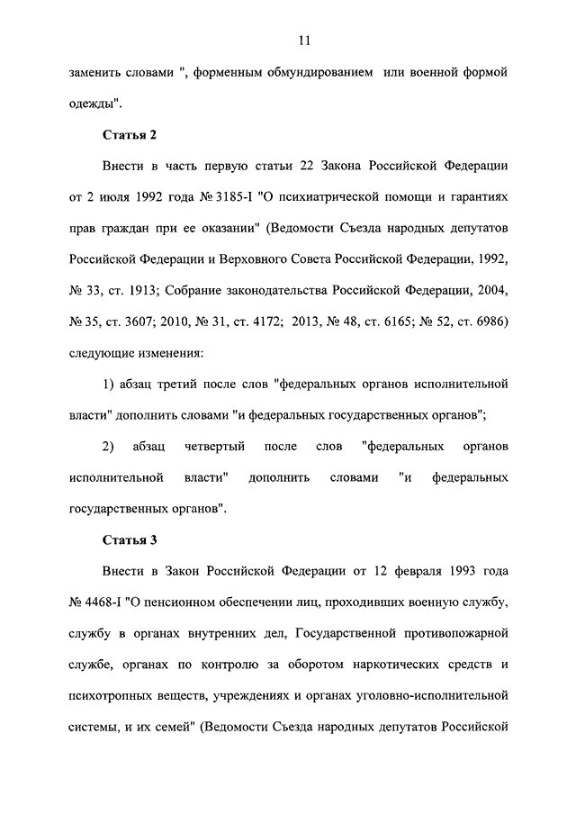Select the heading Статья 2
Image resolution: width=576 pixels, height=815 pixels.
(130, 135)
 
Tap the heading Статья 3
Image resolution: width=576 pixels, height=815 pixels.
(130, 539)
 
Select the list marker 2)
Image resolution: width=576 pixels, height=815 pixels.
(109, 448)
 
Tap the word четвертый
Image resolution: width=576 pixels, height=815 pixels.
(213, 448)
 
